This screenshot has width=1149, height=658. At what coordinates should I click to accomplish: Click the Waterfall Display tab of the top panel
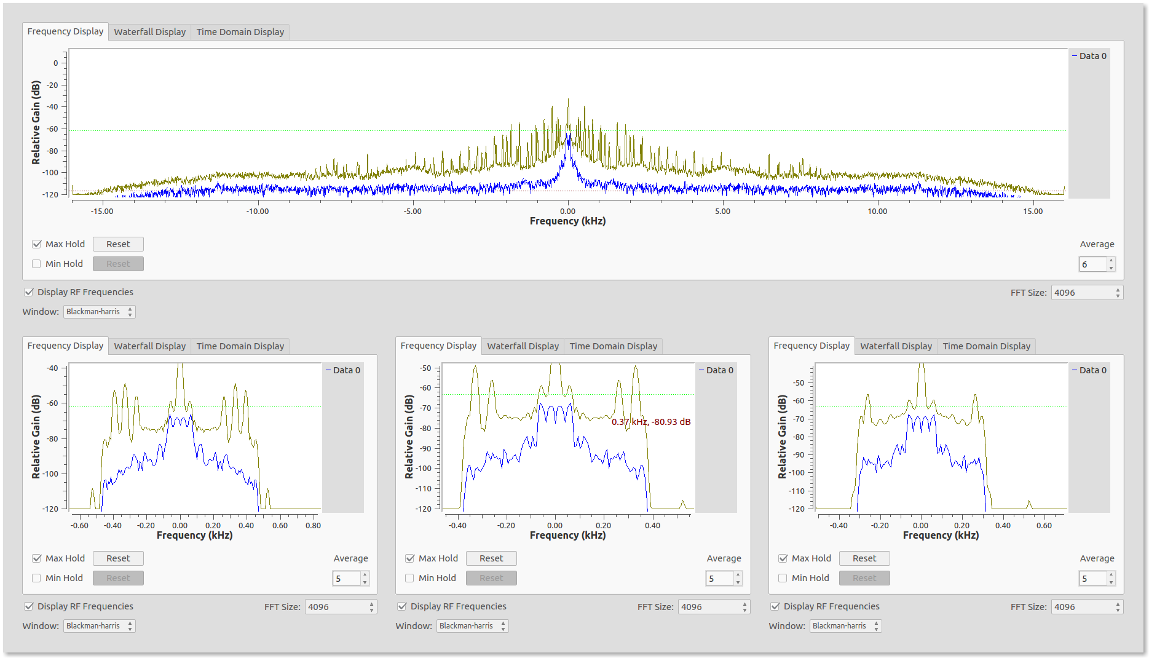pos(149,32)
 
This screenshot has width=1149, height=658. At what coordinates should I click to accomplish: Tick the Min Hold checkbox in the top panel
pos(36,264)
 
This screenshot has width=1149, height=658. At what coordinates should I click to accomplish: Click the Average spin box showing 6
pos(1097,264)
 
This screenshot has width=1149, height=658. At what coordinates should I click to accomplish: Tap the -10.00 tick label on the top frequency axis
pos(258,212)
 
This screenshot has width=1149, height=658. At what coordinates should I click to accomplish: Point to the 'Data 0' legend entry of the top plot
pos(1089,56)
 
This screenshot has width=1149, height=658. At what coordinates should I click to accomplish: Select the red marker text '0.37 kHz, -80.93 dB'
pos(651,422)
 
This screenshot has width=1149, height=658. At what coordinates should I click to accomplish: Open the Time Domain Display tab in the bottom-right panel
pos(986,346)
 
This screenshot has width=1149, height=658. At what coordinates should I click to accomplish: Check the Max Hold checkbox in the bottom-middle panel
pos(410,558)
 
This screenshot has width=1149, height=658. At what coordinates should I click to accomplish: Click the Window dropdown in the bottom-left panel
pos(99,626)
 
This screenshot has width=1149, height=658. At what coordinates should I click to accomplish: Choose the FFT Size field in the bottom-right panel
pos(1087,607)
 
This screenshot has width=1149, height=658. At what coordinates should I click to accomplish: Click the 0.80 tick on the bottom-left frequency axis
pos(313,526)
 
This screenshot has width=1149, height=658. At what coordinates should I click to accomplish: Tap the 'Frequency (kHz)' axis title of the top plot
pos(567,221)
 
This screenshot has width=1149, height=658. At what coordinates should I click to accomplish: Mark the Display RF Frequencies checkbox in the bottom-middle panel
pos(402,606)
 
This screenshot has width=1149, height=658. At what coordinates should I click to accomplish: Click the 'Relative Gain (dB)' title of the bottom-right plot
pos(782,437)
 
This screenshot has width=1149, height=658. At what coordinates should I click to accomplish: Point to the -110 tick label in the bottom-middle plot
pos(424,489)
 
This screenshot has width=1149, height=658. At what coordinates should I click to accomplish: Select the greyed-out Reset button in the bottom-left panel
pos(118,578)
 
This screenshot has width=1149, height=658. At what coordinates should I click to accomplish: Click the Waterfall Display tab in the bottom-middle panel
pos(523,346)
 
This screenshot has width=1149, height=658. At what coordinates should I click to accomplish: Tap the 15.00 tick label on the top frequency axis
pos(1033,212)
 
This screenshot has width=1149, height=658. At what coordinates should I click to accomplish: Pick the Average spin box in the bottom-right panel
pos(1097,579)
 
